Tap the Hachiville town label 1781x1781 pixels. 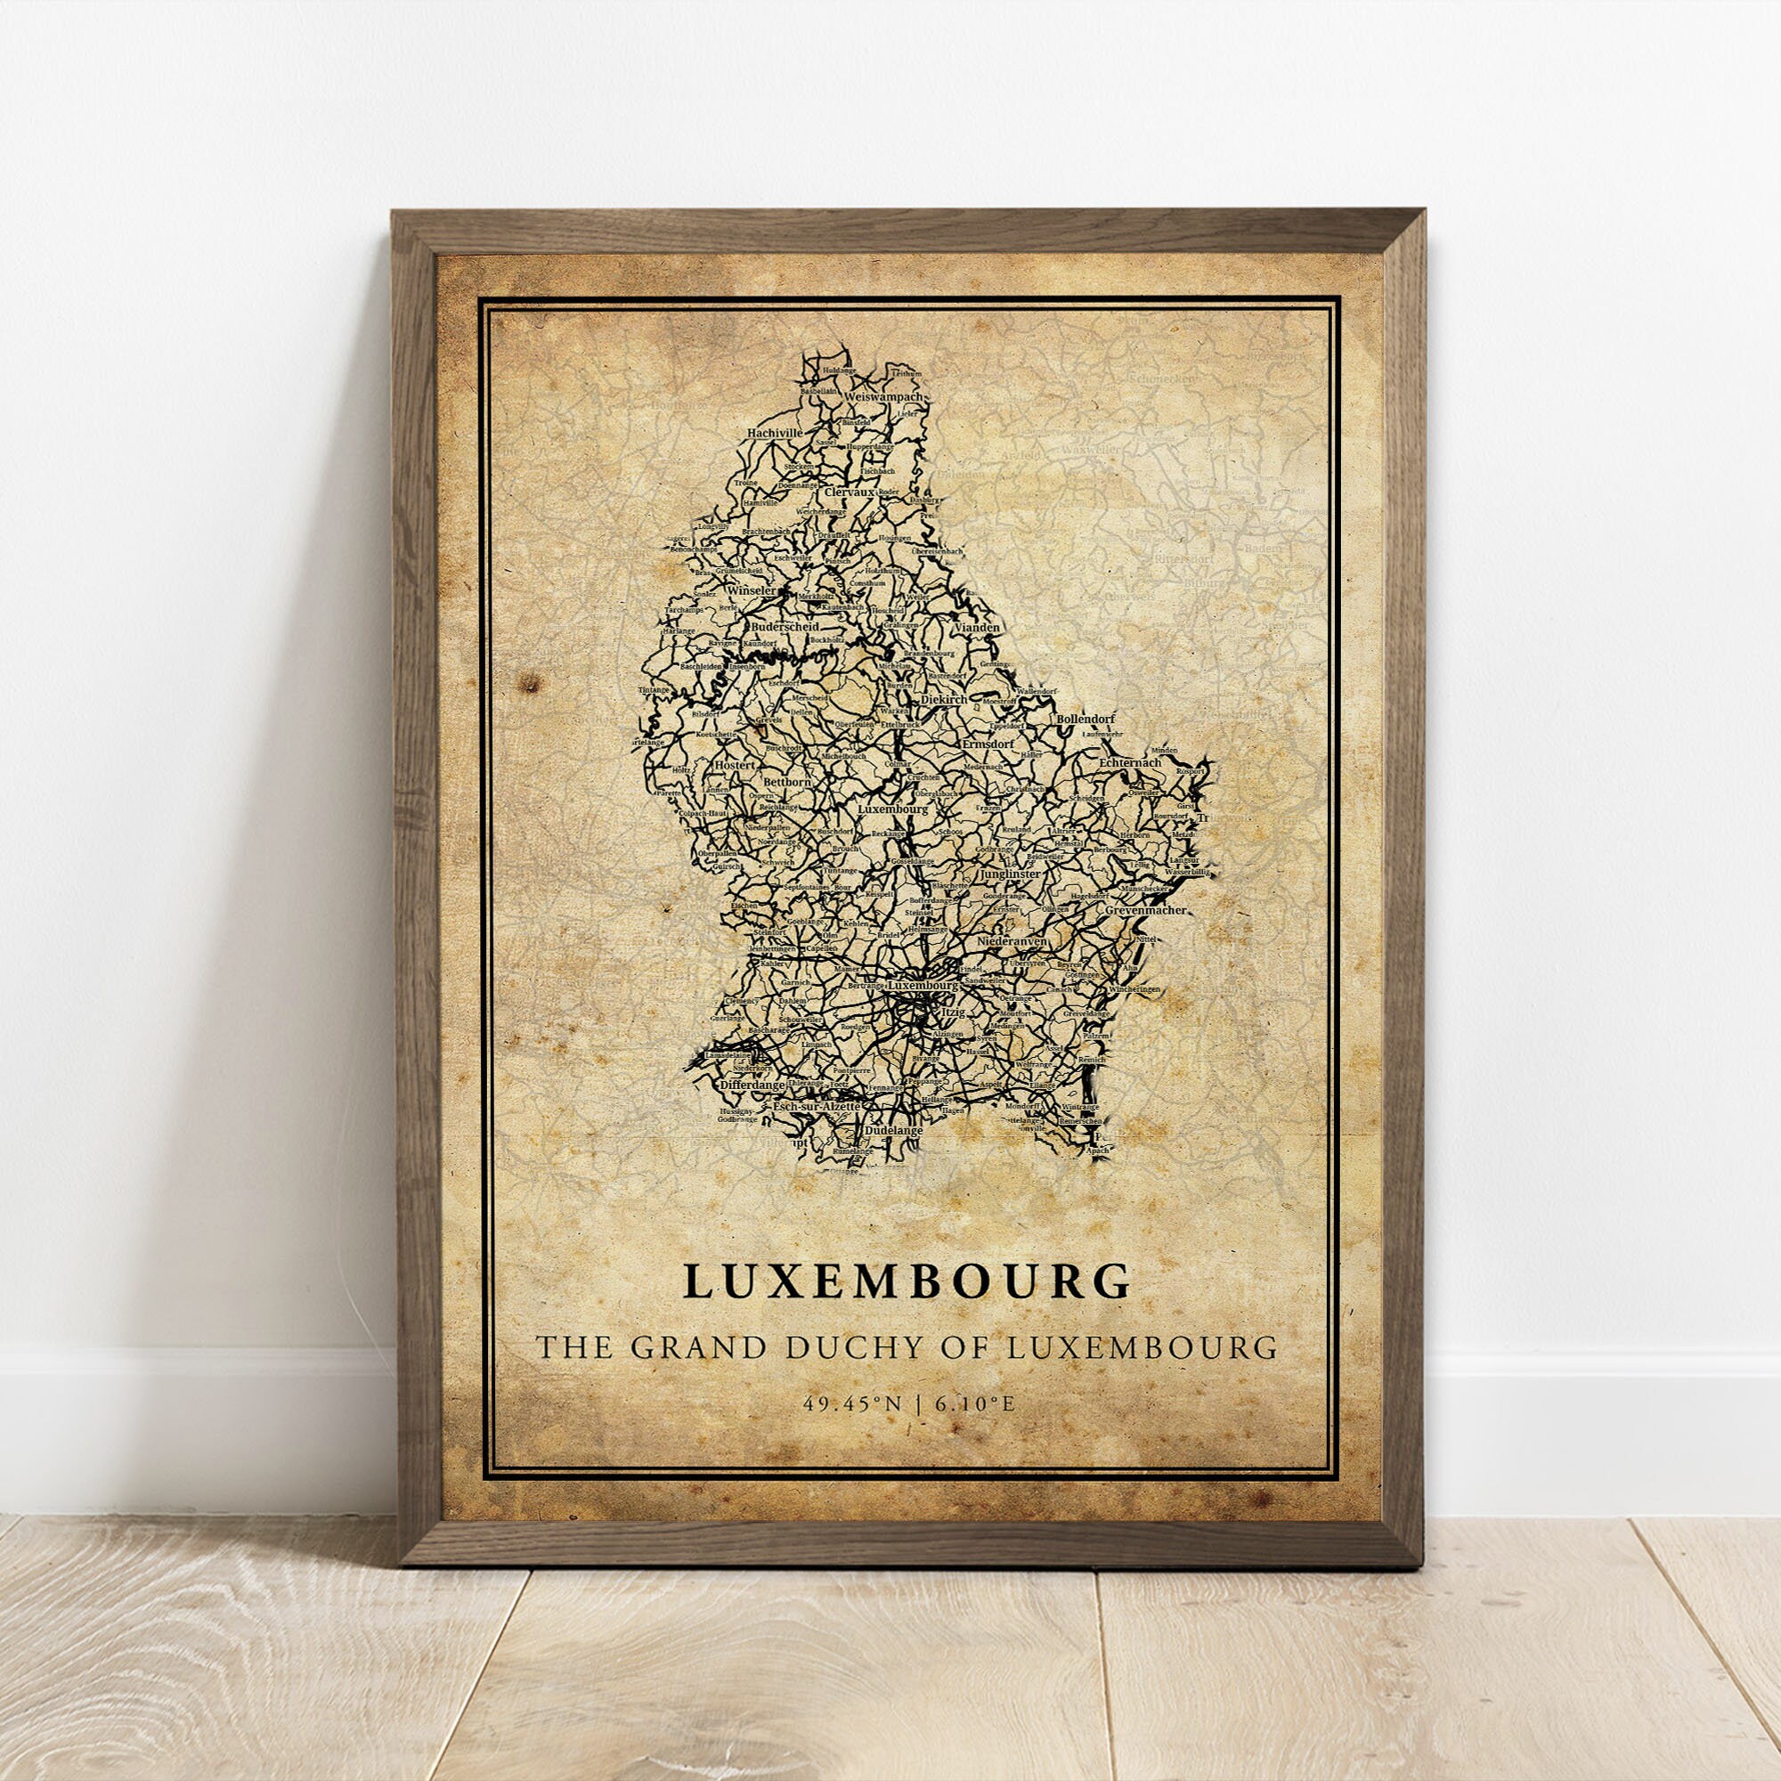pyautogui.click(x=776, y=431)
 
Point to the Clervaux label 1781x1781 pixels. pyautogui.click(x=848, y=492)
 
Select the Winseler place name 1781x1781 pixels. pyautogui.click(x=752, y=590)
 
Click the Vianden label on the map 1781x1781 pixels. pyautogui.click(x=976, y=627)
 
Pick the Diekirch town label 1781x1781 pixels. pyautogui.click(x=942, y=699)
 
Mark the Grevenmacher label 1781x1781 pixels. pyautogui.click(x=1145, y=910)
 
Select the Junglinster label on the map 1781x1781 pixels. pyautogui.click(x=1010, y=873)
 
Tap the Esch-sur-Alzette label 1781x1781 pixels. pyautogui.click(x=817, y=1105)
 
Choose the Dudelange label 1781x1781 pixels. pyautogui.click(x=892, y=1129)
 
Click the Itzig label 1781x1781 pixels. pyautogui.click(x=949, y=1012)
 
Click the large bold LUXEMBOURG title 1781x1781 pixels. pyautogui.click(x=907, y=1281)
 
